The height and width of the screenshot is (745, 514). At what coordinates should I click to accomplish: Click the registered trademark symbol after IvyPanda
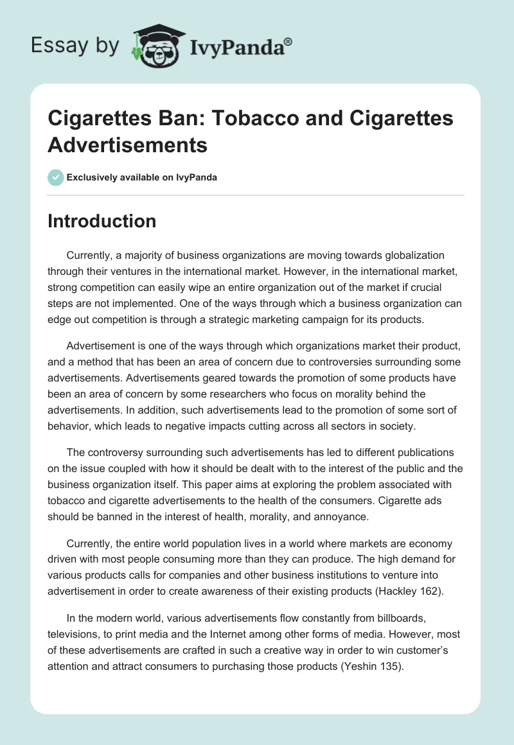pos(288,42)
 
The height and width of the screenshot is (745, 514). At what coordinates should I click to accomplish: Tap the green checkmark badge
pos(56,177)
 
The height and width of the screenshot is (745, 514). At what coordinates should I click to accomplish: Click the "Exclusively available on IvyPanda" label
pos(142,177)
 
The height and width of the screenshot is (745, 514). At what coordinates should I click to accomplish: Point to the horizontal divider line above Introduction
pos(256,195)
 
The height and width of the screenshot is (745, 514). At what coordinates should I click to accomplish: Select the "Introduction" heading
pos(102,221)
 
